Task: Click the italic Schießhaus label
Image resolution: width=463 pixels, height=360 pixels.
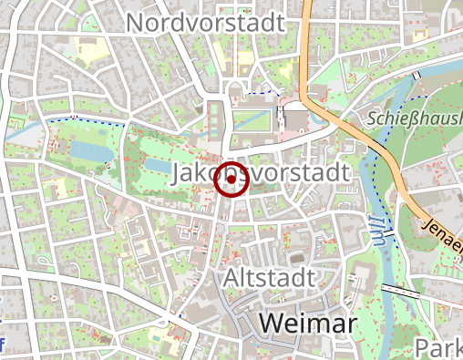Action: [x=416, y=118]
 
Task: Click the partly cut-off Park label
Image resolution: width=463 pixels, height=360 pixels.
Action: [x=437, y=346]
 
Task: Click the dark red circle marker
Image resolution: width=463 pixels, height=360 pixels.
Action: [x=231, y=181]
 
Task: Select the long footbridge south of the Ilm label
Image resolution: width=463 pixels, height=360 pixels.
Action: [x=400, y=291]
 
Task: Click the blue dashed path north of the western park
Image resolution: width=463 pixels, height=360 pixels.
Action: [x=82, y=119]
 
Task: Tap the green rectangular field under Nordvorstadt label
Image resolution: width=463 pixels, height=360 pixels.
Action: [x=252, y=119]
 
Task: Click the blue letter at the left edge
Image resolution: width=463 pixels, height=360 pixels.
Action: [x=3, y=345]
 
